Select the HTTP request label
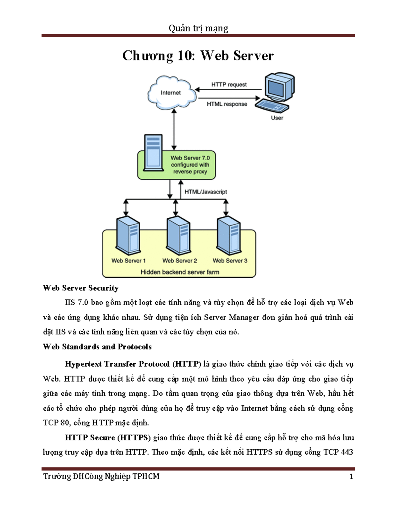[229, 85]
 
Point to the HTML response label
[227, 104]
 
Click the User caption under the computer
[277, 118]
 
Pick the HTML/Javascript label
[205, 192]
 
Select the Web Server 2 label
[180, 261]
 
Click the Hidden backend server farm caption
[180, 272]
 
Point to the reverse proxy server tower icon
[153, 152]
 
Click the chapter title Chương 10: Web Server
[198, 55]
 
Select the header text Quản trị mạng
[198, 28]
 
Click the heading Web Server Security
[80, 288]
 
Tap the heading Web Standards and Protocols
[97, 347]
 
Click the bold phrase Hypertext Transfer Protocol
[117, 364]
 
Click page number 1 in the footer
[351, 476]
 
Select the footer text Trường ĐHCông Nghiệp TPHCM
[101, 476]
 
